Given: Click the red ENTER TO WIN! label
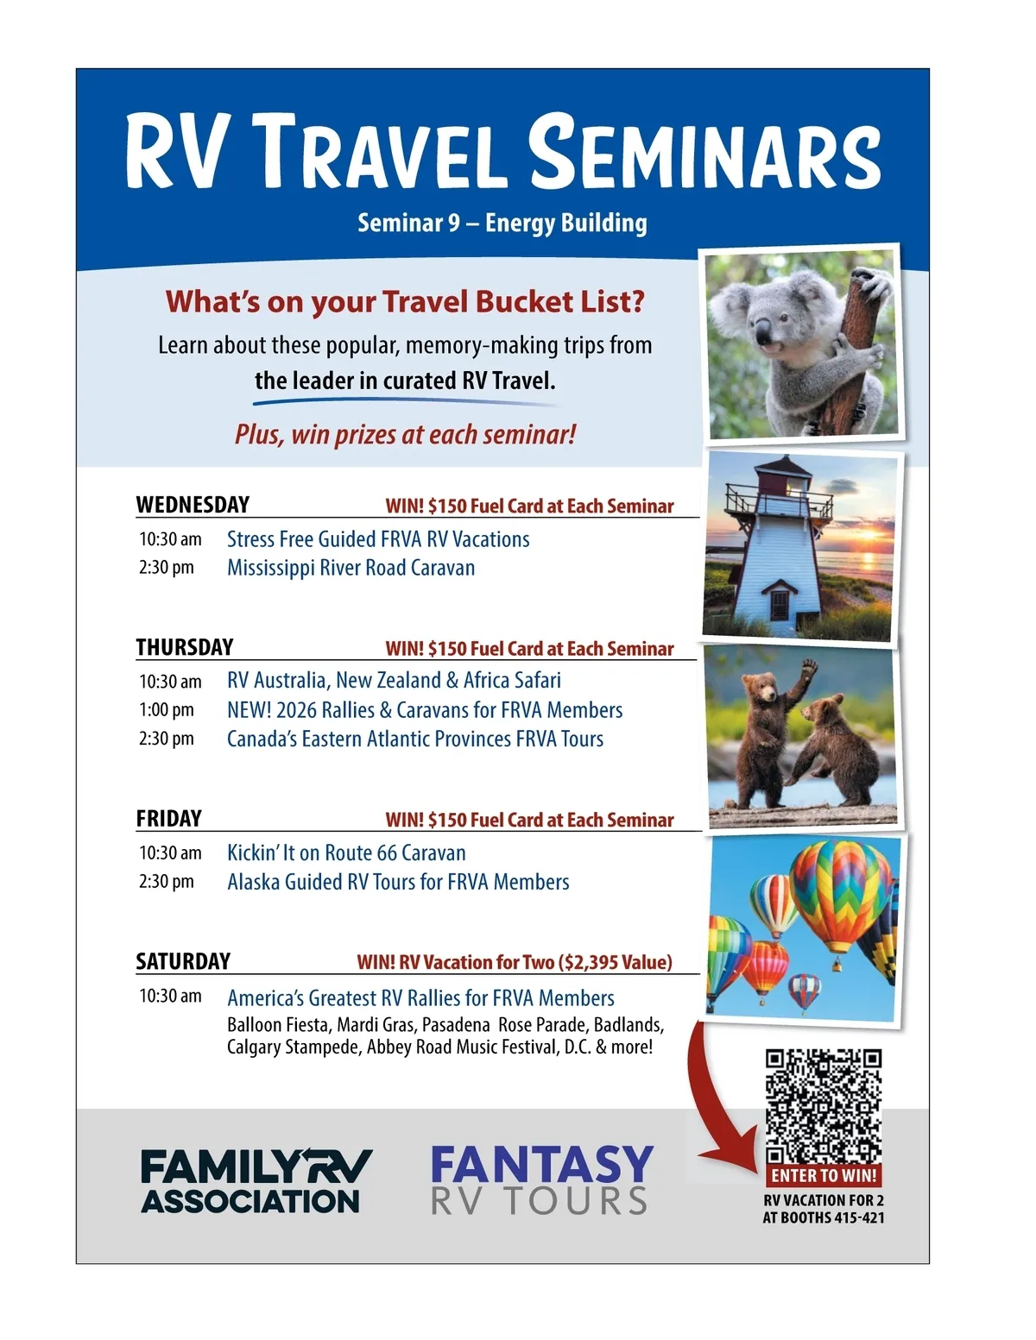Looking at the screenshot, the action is [x=823, y=1174].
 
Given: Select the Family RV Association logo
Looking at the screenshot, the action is [x=256, y=1180].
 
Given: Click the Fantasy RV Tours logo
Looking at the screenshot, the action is [x=542, y=1180].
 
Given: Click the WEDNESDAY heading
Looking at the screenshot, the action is [x=193, y=505].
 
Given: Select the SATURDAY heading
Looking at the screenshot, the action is [x=183, y=960].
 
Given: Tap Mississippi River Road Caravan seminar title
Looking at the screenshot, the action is [x=351, y=568].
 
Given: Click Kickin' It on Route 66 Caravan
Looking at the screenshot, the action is [x=346, y=852].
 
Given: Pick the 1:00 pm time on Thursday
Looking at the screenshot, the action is [x=166, y=710].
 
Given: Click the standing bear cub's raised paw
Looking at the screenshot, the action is [x=808, y=668].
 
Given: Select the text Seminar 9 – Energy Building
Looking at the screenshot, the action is [x=502, y=223].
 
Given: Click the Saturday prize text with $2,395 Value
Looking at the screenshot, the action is [x=515, y=962].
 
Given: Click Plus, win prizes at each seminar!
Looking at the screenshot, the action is [x=405, y=435].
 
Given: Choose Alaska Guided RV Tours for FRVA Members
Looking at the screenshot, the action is [x=398, y=882].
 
